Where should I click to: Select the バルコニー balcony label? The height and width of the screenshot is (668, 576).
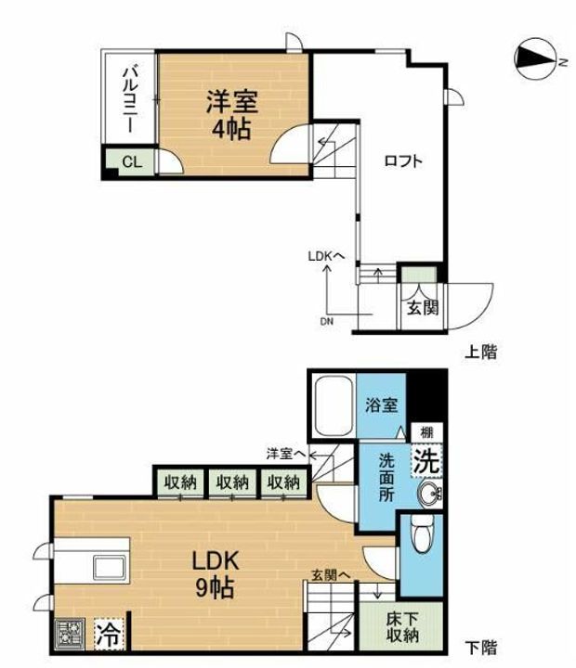pos(129,98)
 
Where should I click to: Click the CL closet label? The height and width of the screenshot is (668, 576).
pos(131,162)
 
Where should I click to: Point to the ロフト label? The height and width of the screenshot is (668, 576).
pos(403,161)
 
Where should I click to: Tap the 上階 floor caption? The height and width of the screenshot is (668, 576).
pos(481,352)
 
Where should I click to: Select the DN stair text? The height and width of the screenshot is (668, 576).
pos(326,321)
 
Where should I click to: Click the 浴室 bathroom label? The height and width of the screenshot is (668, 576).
pos(381,405)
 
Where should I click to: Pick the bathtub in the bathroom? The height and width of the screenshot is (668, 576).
pos(331,408)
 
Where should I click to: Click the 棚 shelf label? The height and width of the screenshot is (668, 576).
pos(425,432)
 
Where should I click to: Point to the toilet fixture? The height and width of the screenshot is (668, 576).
pos(419,538)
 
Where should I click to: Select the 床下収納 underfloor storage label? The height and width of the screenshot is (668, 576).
pos(402,626)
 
